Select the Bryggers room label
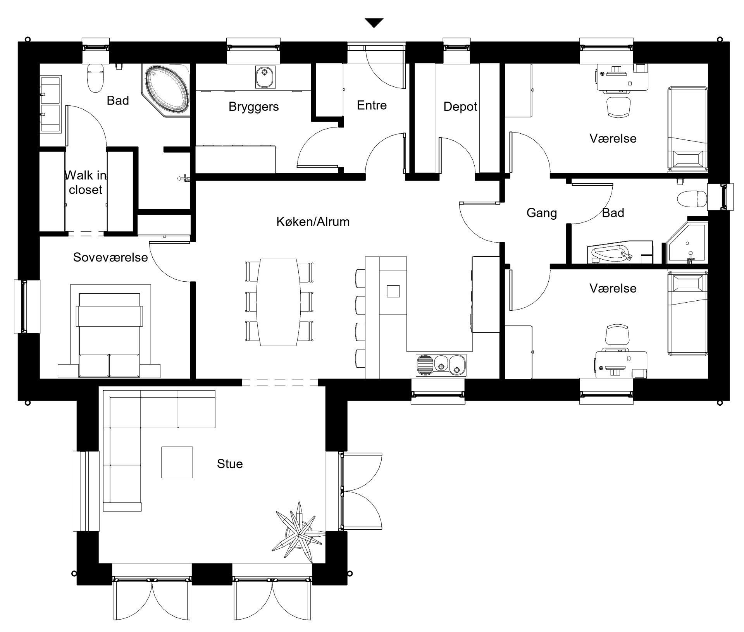coord(253,107)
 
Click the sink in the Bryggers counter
coord(265,77)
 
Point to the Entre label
coord(372,105)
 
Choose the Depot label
coord(460,107)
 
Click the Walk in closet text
coord(86,183)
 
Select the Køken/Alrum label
coord(313,222)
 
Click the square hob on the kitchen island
coord(393,291)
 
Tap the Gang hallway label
coord(541,213)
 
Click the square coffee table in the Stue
coord(177,462)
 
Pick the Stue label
coord(230,464)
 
